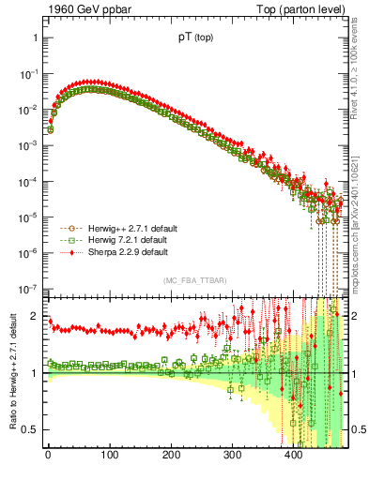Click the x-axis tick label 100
(x=109, y=457)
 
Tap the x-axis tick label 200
(x=171, y=457)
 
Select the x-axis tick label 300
(x=232, y=457)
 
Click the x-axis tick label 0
(x=48, y=457)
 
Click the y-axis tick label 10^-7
(x=28, y=289)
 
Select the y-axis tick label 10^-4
(x=28, y=181)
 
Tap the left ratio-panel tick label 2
(x=35, y=316)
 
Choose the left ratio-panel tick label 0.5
(x=31, y=429)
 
